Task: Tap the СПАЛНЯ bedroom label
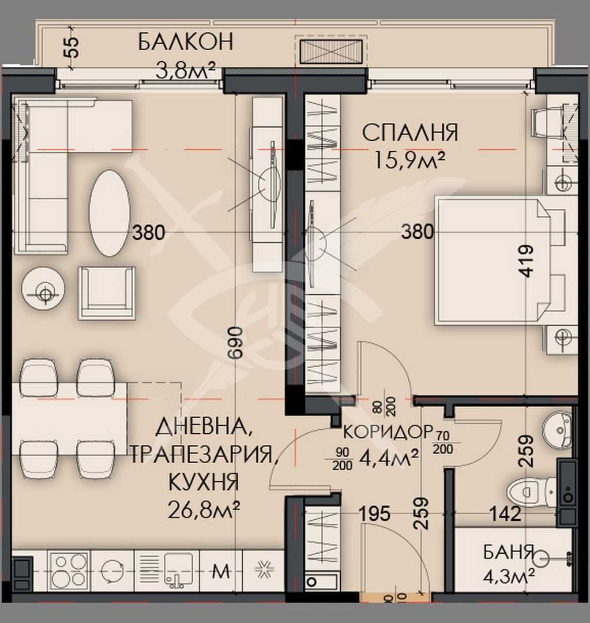click(410, 133)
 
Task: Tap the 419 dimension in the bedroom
click(525, 262)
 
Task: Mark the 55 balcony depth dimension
click(72, 46)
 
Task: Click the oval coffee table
click(109, 212)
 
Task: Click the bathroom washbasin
click(557, 429)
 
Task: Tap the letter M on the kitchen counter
click(221, 572)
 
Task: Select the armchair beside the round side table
click(107, 292)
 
